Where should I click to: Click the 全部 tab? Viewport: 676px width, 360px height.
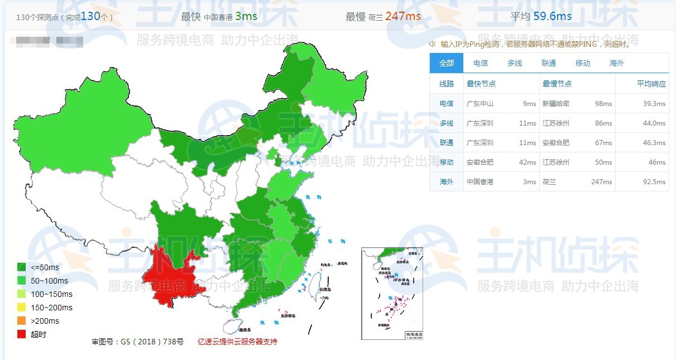click(x=447, y=63)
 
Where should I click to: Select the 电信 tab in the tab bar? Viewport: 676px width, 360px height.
click(x=480, y=63)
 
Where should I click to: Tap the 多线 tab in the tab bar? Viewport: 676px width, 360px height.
click(x=515, y=63)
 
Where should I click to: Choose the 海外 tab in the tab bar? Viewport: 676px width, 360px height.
click(x=617, y=63)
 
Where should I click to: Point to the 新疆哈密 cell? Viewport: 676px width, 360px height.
click(x=556, y=104)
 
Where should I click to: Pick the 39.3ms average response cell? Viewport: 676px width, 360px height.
click(x=654, y=104)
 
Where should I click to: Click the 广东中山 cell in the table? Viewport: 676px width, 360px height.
click(x=480, y=104)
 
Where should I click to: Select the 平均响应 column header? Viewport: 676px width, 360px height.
click(x=651, y=84)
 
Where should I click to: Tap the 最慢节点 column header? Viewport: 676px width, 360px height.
click(x=557, y=84)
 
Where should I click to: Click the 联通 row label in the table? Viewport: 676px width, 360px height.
click(x=447, y=143)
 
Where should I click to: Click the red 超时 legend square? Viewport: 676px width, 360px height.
click(x=22, y=334)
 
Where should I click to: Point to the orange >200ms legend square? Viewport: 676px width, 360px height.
click(x=22, y=321)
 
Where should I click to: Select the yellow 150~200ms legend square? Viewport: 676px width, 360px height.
click(x=22, y=308)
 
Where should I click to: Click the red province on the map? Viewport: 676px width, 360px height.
click(x=167, y=273)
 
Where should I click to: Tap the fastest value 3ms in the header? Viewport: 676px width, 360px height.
click(x=246, y=16)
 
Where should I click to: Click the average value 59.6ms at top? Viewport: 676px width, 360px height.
click(x=553, y=16)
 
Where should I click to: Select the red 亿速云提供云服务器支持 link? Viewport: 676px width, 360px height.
click(x=237, y=342)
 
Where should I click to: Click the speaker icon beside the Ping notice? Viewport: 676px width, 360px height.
click(x=432, y=44)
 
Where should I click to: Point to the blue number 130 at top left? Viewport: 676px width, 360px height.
click(x=90, y=16)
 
